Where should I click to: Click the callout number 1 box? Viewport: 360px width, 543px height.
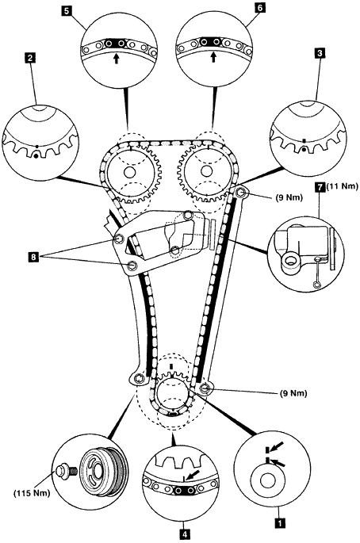pos(280,522)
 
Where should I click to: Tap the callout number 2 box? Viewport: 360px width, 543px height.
pos(30,58)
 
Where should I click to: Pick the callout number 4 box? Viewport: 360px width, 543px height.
pos(185,533)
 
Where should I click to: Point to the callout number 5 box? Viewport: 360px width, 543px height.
pos(67,10)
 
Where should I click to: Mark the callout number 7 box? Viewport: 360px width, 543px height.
pos(320,187)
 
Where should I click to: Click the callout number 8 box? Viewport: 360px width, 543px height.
pos(33,257)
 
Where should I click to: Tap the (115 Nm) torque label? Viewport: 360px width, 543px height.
pos(32,493)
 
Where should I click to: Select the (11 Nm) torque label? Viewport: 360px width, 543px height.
pos(342,186)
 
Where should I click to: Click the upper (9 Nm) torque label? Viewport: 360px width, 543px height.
pos(289,197)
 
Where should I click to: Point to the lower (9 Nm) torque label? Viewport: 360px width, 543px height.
pos(293,393)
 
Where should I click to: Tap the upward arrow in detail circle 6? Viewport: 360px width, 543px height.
pos(213,57)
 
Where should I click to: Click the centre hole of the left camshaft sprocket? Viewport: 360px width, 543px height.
pos(129,172)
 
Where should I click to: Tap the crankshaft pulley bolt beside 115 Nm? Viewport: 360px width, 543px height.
pos(65,471)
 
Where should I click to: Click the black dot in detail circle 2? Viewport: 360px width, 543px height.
pos(35,156)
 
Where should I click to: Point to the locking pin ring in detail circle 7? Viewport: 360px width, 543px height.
pos(316,285)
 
